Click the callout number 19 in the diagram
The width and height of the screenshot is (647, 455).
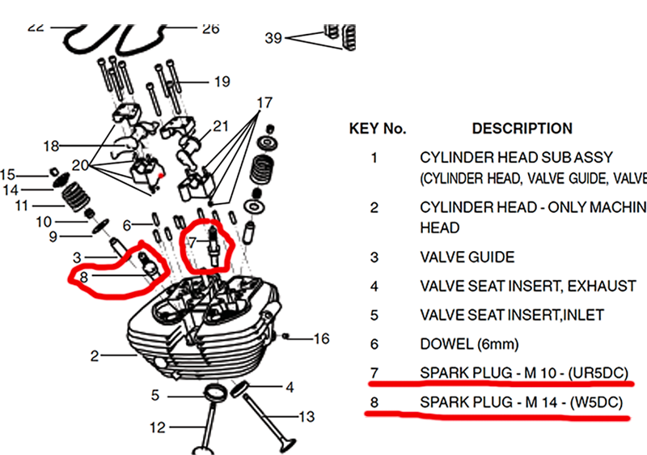point(222,81)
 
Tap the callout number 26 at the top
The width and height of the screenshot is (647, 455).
point(210,29)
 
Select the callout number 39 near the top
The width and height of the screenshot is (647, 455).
point(273,38)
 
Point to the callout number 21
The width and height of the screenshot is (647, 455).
point(221,126)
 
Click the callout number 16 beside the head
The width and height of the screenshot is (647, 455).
point(321,338)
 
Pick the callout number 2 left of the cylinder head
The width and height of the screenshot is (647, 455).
point(95,355)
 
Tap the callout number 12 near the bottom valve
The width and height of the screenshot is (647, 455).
point(158,427)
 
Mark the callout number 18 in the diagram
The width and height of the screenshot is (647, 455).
point(52,146)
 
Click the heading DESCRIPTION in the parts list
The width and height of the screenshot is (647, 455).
point(522,128)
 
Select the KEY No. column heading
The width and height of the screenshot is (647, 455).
point(377,128)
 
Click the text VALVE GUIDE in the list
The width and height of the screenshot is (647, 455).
point(467,257)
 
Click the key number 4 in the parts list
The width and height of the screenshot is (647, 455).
point(374,286)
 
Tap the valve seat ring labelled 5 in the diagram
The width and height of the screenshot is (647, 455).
point(212,394)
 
